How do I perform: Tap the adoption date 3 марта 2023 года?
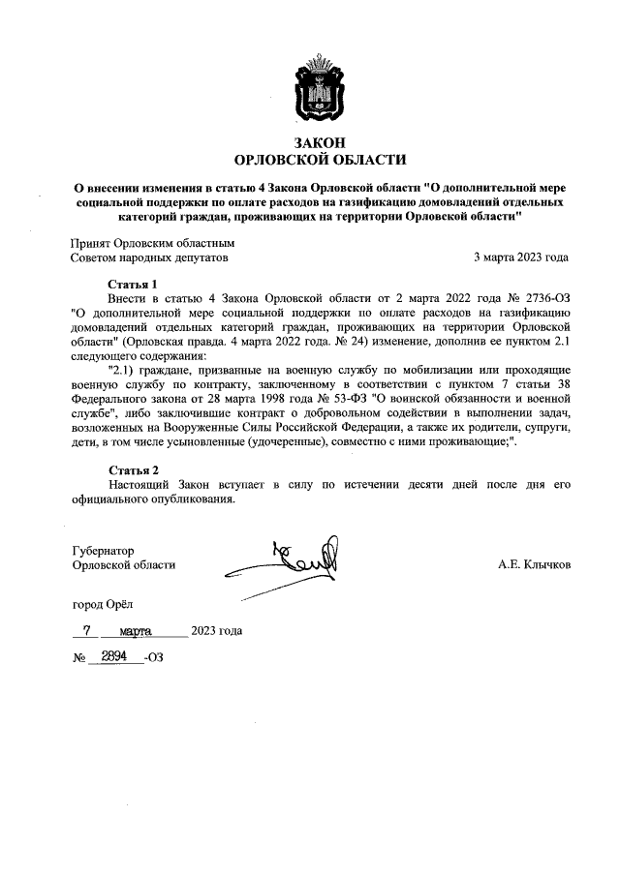pos(520,258)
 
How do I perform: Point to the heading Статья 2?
pos(133,469)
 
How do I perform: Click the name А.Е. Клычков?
pos(534,564)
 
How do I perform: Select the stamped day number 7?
pos(88,630)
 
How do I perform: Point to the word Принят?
pos(91,244)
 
